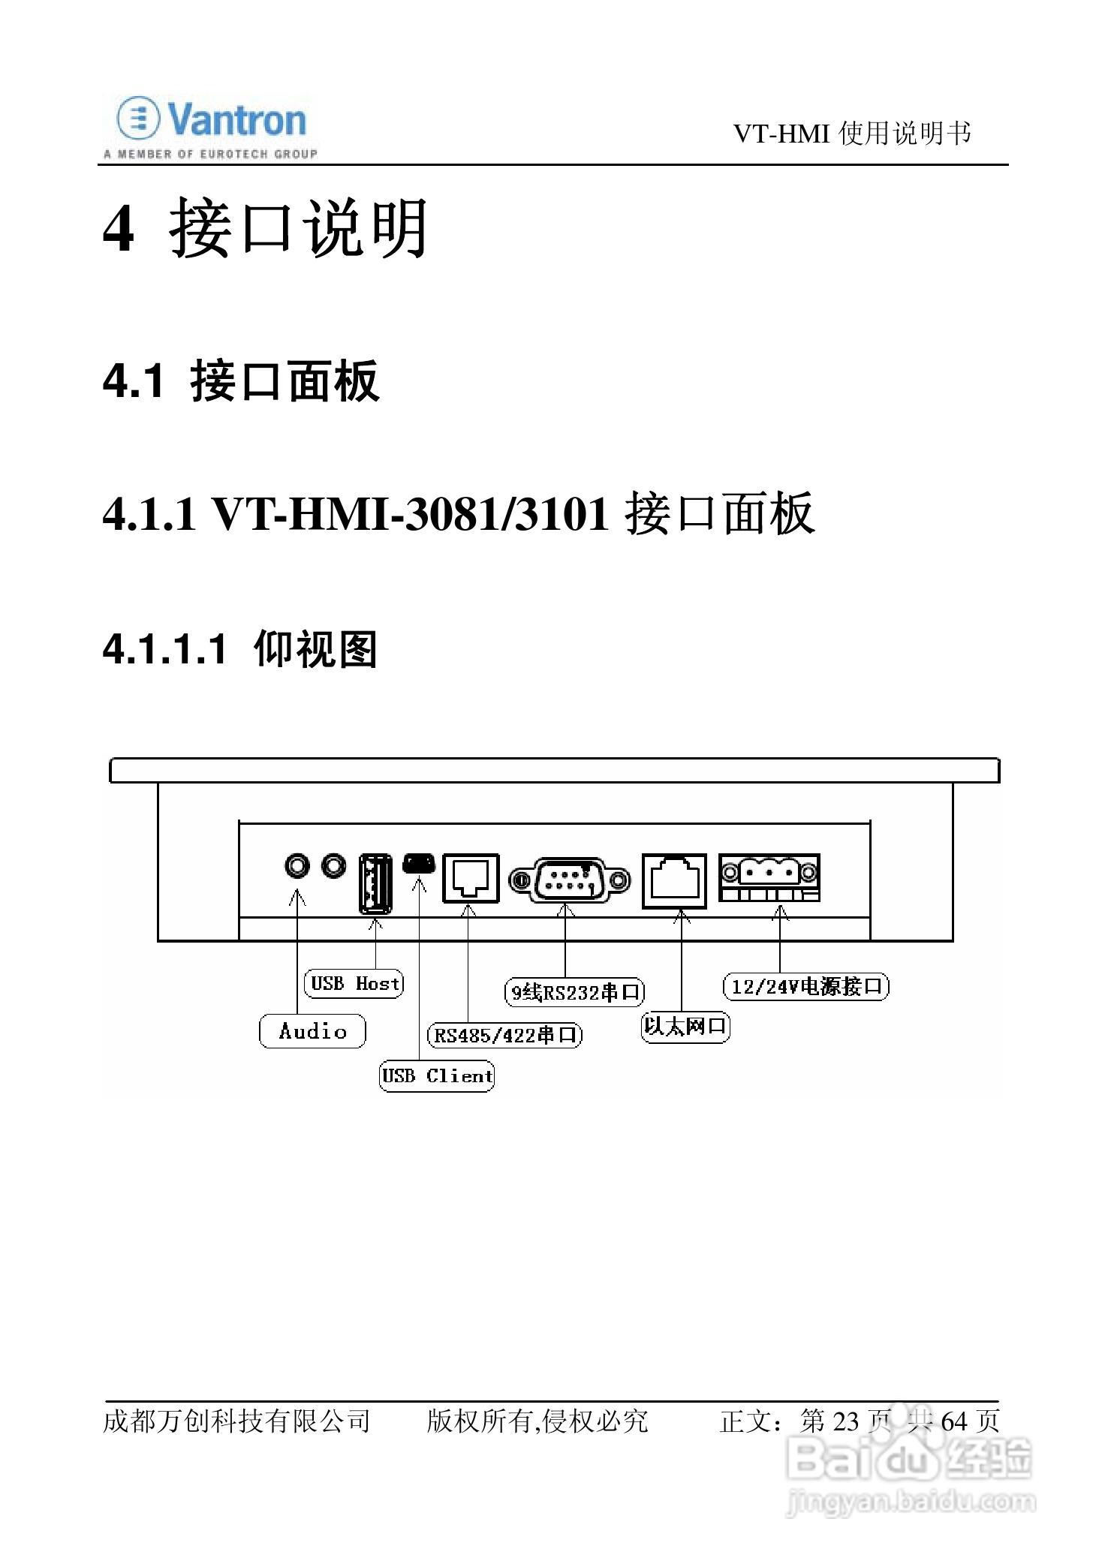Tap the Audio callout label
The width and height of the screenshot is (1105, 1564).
312,1030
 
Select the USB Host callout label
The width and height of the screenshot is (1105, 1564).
354,983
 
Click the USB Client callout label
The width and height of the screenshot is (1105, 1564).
437,1075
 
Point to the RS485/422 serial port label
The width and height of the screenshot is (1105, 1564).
505,1036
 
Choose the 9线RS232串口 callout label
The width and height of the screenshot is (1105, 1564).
575,992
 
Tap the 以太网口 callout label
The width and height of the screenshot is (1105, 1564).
685,1026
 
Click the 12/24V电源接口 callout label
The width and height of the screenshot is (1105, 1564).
805,986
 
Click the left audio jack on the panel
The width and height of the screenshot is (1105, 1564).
297,866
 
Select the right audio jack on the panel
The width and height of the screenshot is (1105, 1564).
334,866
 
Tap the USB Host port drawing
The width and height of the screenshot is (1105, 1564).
375,883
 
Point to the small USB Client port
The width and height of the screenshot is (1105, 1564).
419,863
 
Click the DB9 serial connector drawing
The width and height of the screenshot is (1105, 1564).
568,880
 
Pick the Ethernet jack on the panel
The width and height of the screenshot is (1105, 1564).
674,880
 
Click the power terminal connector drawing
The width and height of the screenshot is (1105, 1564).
769,877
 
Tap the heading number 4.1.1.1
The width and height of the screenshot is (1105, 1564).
164,649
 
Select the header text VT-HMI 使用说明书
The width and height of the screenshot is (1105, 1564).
852,134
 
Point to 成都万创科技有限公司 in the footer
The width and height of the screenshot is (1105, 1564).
236,1421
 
